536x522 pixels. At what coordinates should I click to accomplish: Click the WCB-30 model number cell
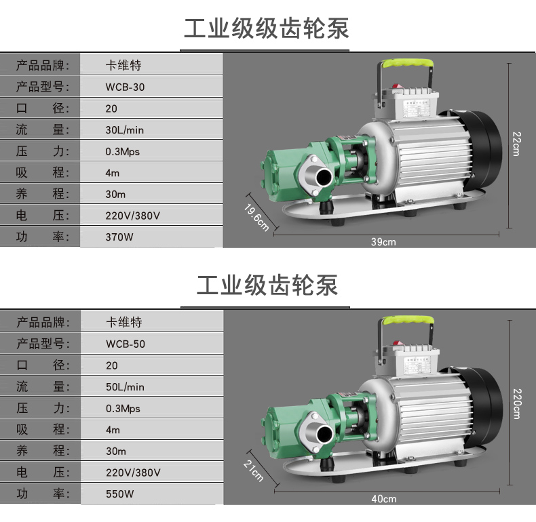[125, 87]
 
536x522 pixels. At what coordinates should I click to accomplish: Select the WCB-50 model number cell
[126, 344]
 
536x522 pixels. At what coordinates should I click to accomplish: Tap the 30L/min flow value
[124, 130]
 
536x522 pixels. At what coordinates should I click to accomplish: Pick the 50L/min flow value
[125, 387]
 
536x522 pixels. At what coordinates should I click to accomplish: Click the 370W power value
[119, 237]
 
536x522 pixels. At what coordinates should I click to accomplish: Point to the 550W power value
[119, 494]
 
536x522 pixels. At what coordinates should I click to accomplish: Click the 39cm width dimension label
[383, 242]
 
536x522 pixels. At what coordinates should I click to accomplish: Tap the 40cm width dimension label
[384, 499]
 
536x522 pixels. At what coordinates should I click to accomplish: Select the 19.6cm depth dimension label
[256, 217]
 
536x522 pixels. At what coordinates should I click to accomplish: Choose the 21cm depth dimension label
[254, 470]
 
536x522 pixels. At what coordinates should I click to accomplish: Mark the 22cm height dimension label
[517, 144]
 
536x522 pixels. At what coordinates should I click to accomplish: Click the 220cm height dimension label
[517, 404]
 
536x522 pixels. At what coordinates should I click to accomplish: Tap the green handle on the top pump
[407, 64]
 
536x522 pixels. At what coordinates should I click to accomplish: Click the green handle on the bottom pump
[408, 320]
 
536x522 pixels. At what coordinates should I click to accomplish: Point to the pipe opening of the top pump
[324, 177]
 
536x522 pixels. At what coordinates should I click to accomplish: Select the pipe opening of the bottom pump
[324, 434]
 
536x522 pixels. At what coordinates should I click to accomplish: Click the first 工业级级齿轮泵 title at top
[267, 28]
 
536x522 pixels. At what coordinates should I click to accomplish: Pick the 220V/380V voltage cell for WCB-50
[133, 473]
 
